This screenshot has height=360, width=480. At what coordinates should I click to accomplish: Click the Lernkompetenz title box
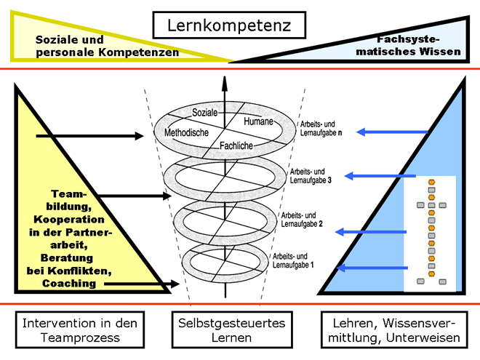(229, 25)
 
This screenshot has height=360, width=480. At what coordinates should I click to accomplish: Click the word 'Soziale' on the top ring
(206, 113)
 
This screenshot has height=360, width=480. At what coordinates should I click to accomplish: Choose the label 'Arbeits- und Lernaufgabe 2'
(300, 220)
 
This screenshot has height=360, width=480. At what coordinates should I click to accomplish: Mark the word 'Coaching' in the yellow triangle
(68, 284)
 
